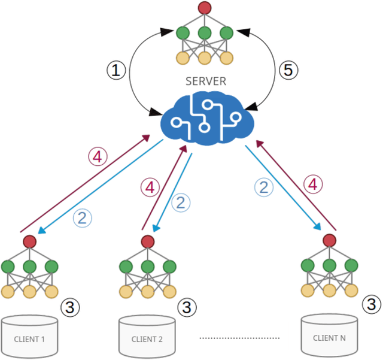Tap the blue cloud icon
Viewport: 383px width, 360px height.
(x=207, y=118)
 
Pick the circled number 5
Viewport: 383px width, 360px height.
(x=288, y=71)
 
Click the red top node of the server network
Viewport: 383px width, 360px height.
(x=205, y=8)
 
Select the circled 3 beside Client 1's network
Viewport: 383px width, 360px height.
(x=71, y=308)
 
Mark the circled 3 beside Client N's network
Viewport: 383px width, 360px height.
(x=373, y=304)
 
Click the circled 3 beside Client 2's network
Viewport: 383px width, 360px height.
(x=187, y=308)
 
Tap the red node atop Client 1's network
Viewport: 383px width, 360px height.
(x=29, y=242)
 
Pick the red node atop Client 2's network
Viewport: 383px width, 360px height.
(x=147, y=242)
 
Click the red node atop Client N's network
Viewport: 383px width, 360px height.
(x=329, y=240)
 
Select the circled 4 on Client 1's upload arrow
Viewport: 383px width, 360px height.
(x=98, y=157)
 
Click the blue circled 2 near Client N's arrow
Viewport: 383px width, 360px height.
(x=263, y=187)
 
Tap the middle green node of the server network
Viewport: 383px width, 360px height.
(x=205, y=33)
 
